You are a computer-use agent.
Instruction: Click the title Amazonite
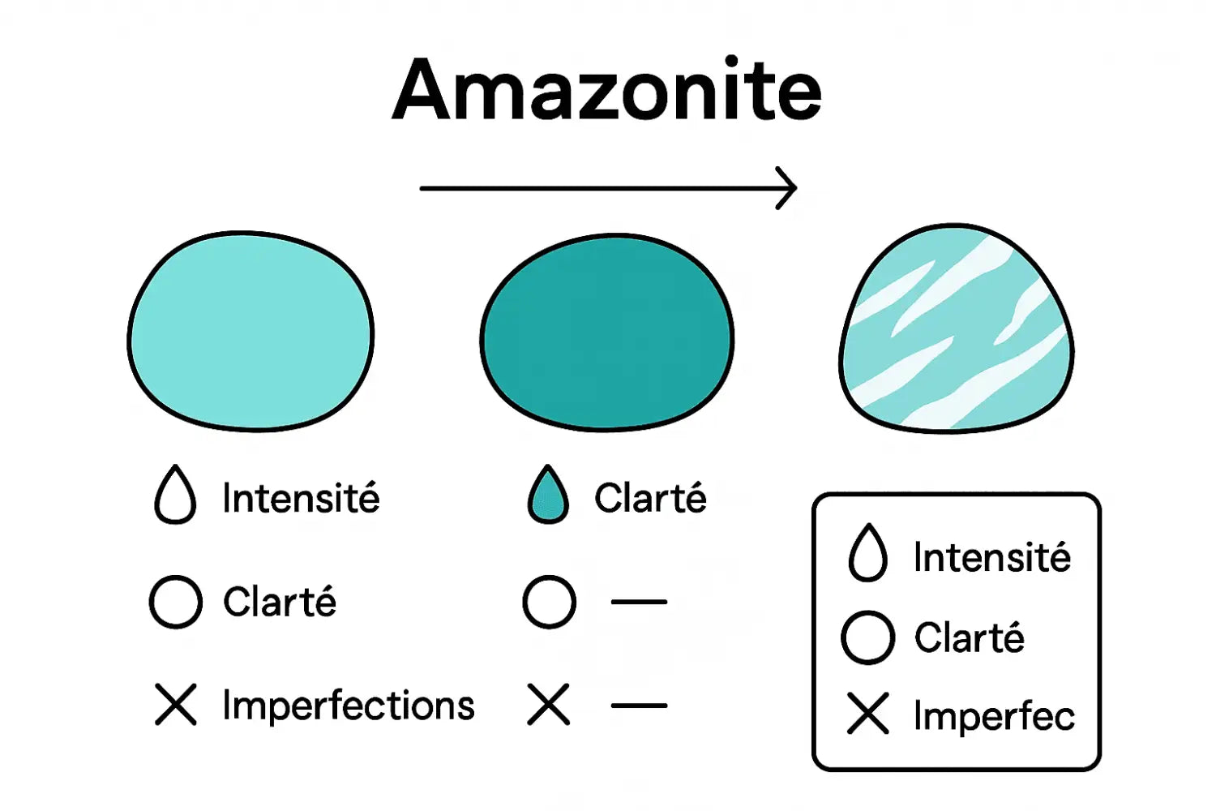[607, 90]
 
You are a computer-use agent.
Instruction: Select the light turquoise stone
[250, 332]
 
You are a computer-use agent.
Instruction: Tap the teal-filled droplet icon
[548, 495]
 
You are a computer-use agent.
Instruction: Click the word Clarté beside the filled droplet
[650, 498]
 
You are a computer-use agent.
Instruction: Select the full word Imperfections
[349, 706]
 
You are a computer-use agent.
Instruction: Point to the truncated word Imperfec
[994, 716]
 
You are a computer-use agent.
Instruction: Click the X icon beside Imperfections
[176, 704]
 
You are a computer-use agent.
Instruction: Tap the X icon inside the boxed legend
[868, 714]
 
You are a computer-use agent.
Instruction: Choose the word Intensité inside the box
[991, 558]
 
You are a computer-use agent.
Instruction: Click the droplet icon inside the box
[867, 554]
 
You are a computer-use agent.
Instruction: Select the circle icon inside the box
[867, 637]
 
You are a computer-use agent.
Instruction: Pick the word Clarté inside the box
[970, 637]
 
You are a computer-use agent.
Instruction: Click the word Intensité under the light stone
[301, 498]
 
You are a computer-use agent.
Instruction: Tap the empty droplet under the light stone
[175, 495]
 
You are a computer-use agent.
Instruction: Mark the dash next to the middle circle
[639, 602]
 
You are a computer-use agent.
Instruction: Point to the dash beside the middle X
[639, 706]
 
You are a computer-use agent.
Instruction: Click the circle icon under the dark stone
[550, 602]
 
